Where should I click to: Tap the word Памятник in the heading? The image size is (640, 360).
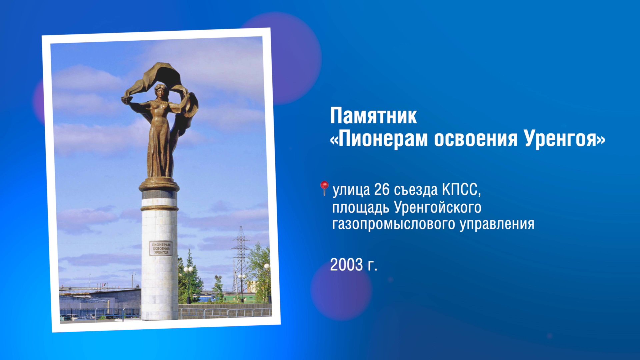pyautogui.click(x=373, y=116)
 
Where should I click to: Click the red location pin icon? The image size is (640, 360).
pyautogui.click(x=324, y=188)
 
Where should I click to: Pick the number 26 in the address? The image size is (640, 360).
pyautogui.click(x=381, y=190)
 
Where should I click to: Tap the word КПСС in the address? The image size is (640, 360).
pyautogui.click(x=461, y=190)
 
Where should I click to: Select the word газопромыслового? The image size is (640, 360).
pyautogui.click(x=394, y=224)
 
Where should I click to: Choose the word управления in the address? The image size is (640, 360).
pyautogui.click(x=497, y=224)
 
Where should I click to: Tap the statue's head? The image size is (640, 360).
pyautogui.click(x=160, y=91)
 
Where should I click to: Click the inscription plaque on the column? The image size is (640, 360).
pyautogui.click(x=161, y=248)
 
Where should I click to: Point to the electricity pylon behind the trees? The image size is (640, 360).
pyautogui.click(x=241, y=253)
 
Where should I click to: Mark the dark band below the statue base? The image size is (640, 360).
pyautogui.click(x=159, y=194)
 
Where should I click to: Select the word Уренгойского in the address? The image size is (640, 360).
pyautogui.click(x=437, y=207)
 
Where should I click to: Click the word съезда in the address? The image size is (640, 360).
pyautogui.click(x=416, y=190)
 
